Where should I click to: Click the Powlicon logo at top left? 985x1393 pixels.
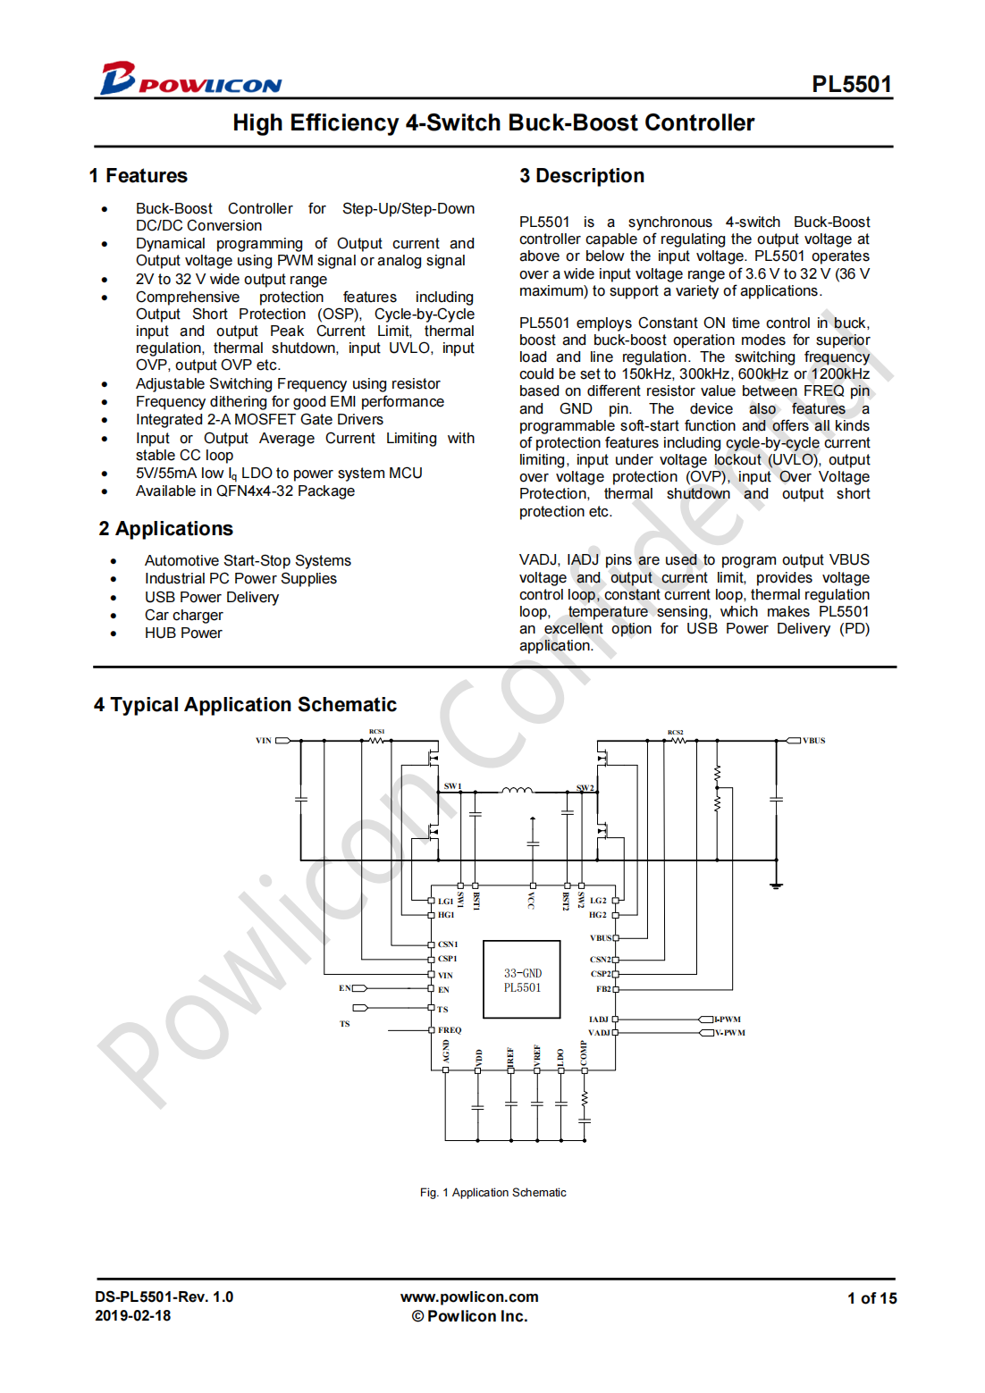pos(189,80)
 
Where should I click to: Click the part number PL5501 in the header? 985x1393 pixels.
pos(851,84)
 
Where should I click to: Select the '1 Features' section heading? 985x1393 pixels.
pos(139,176)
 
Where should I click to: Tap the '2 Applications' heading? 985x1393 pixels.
pos(166,529)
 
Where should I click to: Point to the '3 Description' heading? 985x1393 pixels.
pos(582,176)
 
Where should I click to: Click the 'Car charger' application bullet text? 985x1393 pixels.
pos(184,615)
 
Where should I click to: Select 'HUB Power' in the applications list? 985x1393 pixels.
pos(183,633)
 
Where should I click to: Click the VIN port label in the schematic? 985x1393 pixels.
pos(264,741)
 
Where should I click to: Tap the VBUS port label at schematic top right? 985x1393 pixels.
pos(813,741)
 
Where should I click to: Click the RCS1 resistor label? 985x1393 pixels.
pos(376,732)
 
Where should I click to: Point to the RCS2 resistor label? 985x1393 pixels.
pos(675,732)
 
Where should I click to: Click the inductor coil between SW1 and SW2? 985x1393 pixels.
pos(517,790)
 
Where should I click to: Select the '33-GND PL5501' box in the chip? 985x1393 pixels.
pos(522,980)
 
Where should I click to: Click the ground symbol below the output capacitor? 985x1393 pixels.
pos(776,885)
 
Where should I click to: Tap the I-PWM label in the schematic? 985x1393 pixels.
pos(728,1020)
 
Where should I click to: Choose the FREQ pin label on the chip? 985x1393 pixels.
pos(450,1030)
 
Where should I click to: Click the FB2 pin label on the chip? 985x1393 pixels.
pos(603,989)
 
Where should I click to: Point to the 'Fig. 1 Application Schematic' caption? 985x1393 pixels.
pos(492,1193)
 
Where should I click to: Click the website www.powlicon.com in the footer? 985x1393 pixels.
pos(469,1296)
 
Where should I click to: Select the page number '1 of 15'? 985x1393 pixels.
pos(871,1298)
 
